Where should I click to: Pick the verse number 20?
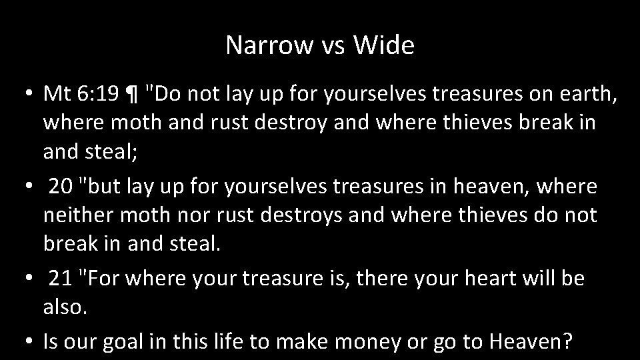click(61, 187)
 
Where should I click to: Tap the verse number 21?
click(61, 279)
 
